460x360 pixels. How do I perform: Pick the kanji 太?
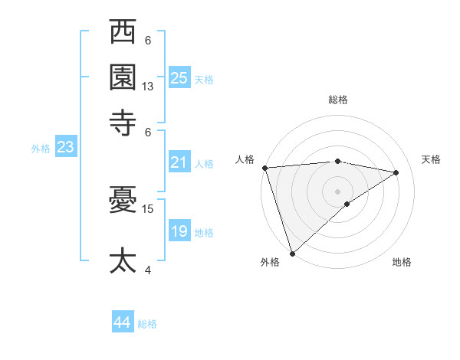click(123, 260)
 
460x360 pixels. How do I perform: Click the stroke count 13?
click(148, 87)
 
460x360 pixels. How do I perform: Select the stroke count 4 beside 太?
click(148, 269)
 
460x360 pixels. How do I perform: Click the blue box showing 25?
click(179, 77)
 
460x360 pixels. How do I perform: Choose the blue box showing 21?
click(179, 162)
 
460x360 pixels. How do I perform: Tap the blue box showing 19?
click(179, 231)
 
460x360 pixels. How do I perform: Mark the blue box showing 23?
click(65, 147)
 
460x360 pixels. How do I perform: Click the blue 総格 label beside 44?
click(147, 324)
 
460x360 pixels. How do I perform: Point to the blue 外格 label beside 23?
click(40, 149)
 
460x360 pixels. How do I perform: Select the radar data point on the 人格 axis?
click(264, 168)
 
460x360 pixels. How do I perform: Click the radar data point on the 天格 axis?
click(396, 173)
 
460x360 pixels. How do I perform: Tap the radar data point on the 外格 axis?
click(292, 252)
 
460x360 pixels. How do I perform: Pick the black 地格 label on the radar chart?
click(402, 262)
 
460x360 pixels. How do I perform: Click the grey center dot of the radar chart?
click(337, 190)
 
